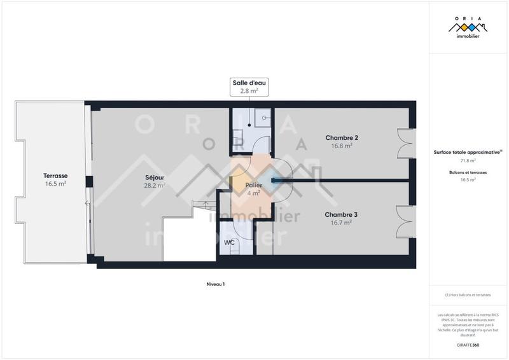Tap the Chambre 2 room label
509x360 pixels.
pos(342,138)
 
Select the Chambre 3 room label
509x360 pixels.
pos(341,215)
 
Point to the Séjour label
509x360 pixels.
pos(155,178)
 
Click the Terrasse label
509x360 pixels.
pos(55,176)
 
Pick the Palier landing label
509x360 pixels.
pos(253,185)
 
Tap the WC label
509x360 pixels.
pos(228,242)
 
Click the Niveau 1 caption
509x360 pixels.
pos(216,284)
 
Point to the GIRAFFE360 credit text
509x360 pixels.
pos(468,344)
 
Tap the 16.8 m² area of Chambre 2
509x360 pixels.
pos(342,146)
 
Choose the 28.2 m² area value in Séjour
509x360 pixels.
pos(155,186)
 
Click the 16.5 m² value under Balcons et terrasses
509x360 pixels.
pos(468,180)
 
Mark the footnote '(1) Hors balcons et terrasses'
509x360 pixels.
pos(468,294)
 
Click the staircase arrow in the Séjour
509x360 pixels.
pos(205,205)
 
